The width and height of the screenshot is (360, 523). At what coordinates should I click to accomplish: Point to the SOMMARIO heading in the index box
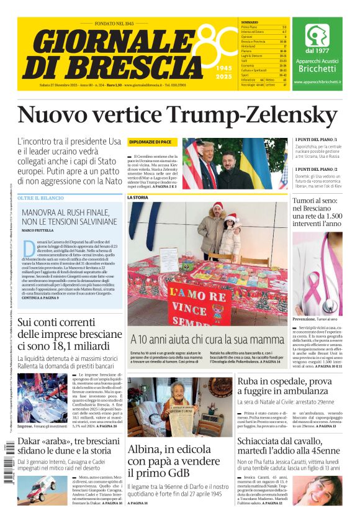(x=250, y=22)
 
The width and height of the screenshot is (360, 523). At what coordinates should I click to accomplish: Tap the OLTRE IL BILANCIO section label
(x=41, y=198)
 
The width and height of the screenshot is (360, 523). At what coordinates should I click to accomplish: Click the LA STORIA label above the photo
(x=138, y=198)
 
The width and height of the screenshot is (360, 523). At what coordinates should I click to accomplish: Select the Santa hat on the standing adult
(x=217, y=206)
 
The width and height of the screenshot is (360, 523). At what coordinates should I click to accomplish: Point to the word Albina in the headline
(x=146, y=450)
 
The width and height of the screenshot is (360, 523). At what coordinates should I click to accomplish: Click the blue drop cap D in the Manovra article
(x=29, y=247)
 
